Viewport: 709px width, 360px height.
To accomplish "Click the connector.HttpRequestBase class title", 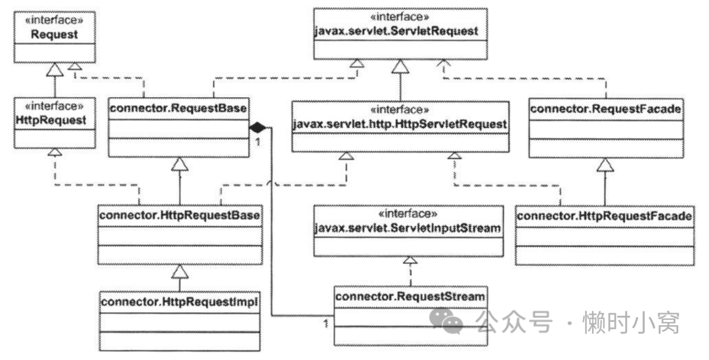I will point(179,214).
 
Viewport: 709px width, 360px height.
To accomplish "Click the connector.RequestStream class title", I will point(410,296).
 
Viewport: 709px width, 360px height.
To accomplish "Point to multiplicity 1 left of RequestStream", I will point(326,322).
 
